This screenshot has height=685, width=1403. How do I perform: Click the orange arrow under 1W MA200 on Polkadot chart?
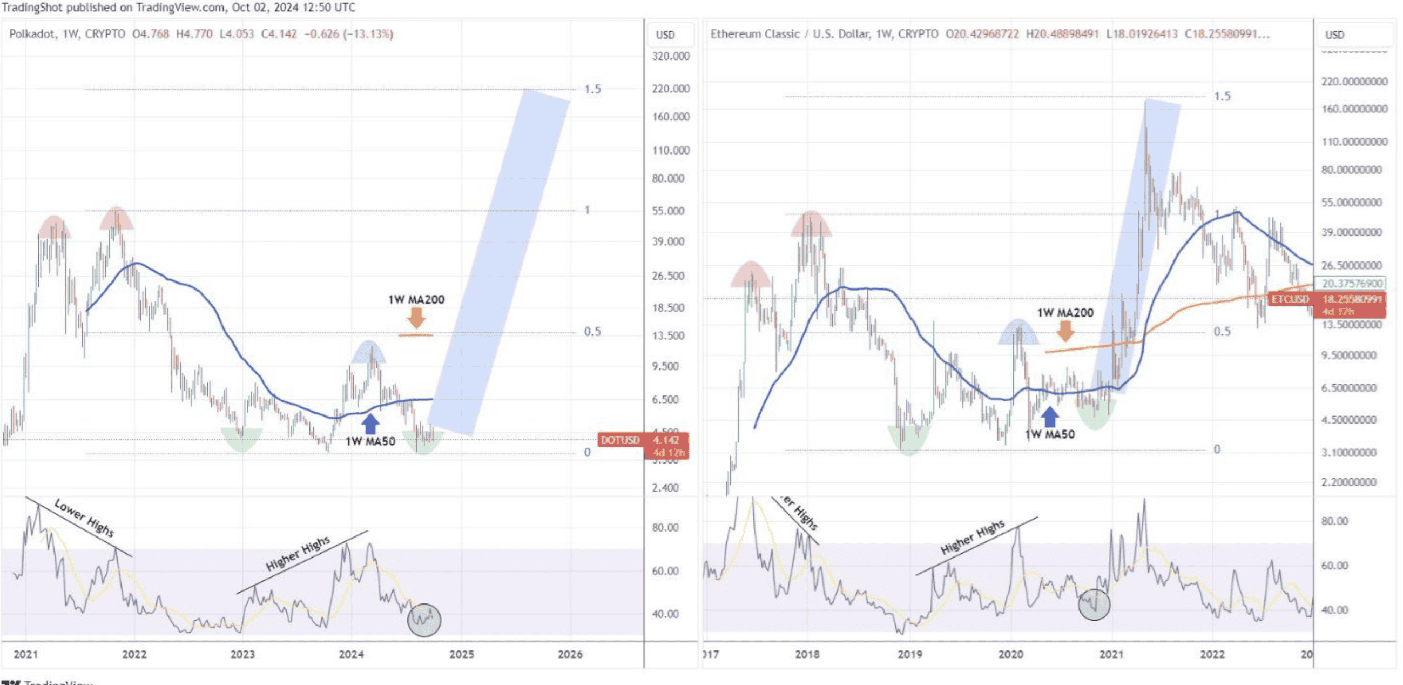pyautogui.click(x=416, y=318)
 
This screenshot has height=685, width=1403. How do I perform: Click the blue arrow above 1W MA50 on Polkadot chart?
pyautogui.click(x=370, y=424)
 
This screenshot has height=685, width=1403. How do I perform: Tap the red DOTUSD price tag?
pyautogui.click(x=620, y=440)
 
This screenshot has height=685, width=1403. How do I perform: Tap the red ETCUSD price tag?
pyautogui.click(x=1289, y=299)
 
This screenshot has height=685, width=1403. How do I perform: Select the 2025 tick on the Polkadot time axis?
pyautogui.click(x=461, y=654)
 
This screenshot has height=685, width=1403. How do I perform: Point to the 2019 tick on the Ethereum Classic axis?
pyautogui.click(x=909, y=654)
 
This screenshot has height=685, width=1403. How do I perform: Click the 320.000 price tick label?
pyautogui.click(x=671, y=57)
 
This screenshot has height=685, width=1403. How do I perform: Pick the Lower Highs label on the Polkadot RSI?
pyautogui.click(x=84, y=518)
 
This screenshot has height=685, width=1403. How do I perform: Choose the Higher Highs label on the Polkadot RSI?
pyautogui.click(x=298, y=553)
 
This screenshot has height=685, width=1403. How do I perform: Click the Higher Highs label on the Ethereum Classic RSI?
pyautogui.click(x=973, y=537)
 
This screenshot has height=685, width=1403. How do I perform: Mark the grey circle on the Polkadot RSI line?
pyautogui.click(x=424, y=620)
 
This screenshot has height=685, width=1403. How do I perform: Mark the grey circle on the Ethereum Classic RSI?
pyautogui.click(x=1094, y=605)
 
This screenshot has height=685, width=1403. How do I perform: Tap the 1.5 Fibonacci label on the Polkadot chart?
pyautogui.click(x=592, y=89)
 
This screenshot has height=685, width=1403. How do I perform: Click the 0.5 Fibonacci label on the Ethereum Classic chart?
pyautogui.click(x=1222, y=332)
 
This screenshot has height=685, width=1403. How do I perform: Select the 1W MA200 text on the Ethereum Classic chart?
pyautogui.click(x=1065, y=313)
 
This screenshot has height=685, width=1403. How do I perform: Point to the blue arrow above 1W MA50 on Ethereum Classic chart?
pyautogui.click(x=1049, y=418)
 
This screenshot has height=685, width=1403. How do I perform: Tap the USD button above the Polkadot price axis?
pyautogui.click(x=665, y=35)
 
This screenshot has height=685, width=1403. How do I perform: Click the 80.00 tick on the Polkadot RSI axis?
pyautogui.click(x=665, y=527)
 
